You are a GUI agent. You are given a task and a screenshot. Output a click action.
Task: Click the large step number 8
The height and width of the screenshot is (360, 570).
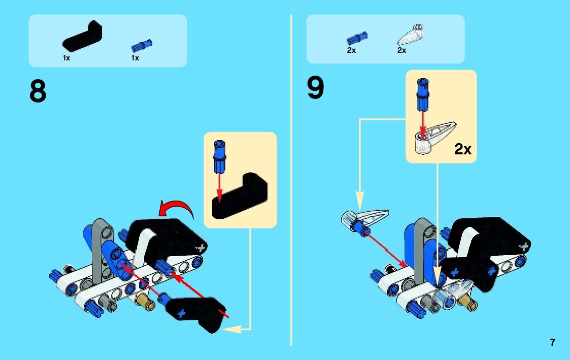coord(38,92)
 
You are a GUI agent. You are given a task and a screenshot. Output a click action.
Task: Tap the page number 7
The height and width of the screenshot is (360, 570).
coord(552,342)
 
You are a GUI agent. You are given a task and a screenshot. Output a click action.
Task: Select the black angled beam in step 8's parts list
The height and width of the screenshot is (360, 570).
coord(82,38)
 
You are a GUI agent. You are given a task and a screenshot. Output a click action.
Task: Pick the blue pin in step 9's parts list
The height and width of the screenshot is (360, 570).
coord(357,38)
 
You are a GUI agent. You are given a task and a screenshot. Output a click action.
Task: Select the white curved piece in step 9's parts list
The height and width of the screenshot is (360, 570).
coord(412,35)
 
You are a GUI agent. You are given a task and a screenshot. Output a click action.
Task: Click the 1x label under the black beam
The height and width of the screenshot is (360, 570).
coord(66,58)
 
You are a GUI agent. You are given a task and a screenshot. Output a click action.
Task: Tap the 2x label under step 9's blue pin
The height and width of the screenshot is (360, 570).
coord(351,50)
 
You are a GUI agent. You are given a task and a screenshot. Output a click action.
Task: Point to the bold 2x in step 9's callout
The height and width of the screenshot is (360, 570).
coord(462,149)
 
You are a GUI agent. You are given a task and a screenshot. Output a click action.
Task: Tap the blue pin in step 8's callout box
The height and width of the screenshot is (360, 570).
coord(220,156)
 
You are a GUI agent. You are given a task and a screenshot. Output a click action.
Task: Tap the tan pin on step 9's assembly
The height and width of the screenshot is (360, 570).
coord(467,303)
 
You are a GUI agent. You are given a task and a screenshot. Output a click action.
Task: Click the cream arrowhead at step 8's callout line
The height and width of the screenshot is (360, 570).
coord(231,330)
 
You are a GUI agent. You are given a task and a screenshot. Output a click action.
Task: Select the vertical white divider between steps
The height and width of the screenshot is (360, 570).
coord(291,178)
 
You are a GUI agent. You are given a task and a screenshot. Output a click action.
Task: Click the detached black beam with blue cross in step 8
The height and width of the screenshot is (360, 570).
coord(195,311)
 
